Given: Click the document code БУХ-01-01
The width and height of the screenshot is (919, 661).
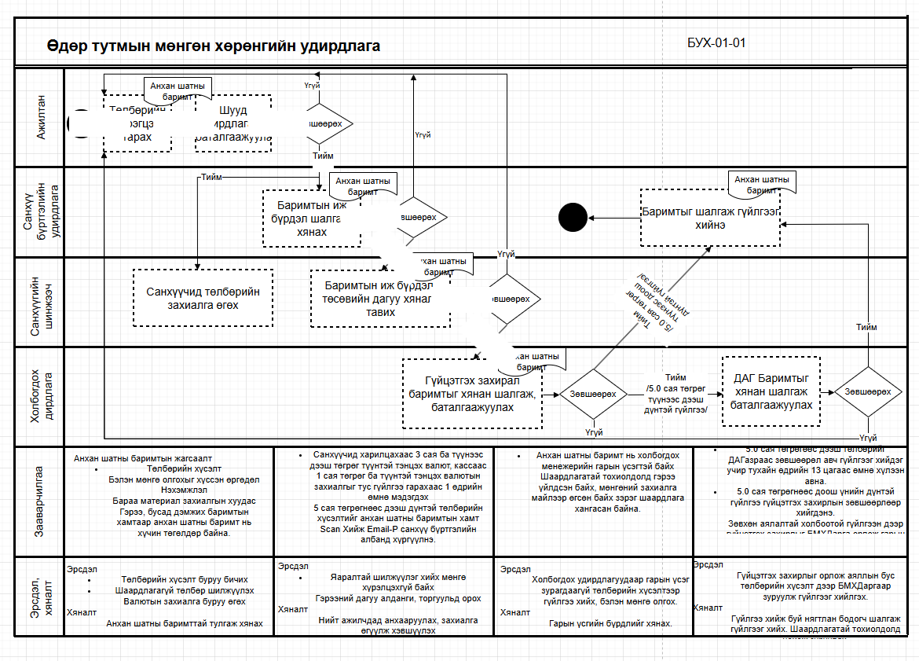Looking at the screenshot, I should tap(716, 43).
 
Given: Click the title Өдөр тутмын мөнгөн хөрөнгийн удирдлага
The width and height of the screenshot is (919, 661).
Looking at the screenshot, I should tap(213, 46).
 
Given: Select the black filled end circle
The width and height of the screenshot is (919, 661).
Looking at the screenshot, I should tap(573, 217).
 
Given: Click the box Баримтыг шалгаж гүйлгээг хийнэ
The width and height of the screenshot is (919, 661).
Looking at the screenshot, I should tap(710, 218).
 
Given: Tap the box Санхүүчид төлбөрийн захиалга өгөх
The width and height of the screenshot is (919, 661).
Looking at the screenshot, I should tap(203, 298).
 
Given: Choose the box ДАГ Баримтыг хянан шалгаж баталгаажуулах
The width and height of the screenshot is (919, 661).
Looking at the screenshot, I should tap(771, 391).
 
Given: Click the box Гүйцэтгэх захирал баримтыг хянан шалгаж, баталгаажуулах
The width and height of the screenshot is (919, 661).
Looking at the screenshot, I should tap(472, 394).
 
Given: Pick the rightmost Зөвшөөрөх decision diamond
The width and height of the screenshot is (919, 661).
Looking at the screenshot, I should tap(868, 392).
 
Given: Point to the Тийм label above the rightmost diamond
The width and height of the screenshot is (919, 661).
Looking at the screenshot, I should tap(867, 327).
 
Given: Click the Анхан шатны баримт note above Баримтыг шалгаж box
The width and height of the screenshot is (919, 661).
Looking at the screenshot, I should tap(762, 184).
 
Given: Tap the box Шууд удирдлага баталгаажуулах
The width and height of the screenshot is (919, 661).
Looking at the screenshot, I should tap(232, 123).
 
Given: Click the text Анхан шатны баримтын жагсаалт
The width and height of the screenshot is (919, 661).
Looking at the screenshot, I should tap(143, 457).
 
